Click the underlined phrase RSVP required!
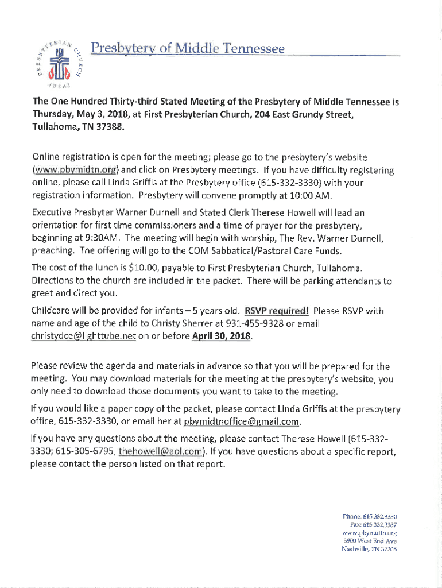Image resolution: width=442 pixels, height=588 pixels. (277, 311)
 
